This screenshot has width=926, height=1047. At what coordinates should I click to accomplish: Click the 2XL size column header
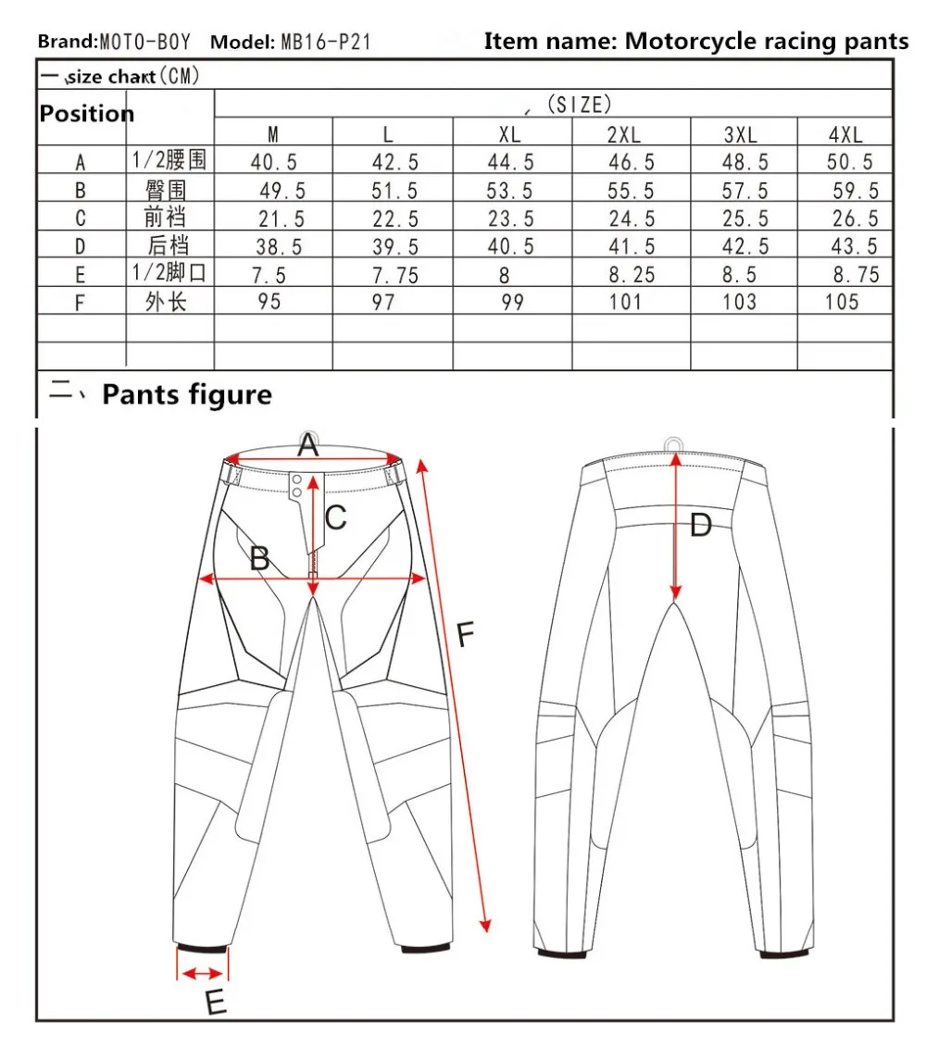(623, 135)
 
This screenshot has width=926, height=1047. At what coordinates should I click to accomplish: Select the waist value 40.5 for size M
(273, 162)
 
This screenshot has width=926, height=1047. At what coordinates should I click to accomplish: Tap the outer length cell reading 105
(842, 302)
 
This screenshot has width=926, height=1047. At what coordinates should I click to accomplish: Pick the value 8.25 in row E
(632, 274)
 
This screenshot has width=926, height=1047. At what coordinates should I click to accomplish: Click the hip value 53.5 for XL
(509, 191)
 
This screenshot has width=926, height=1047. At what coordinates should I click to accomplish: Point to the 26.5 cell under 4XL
(856, 218)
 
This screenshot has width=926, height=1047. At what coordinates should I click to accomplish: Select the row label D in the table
(81, 247)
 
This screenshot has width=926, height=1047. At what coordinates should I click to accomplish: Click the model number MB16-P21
(325, 42)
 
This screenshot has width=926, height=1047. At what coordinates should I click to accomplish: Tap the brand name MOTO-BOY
(145, 42)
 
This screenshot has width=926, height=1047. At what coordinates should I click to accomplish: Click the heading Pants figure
(187, 394)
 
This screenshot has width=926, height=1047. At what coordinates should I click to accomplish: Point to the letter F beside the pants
(466, 634)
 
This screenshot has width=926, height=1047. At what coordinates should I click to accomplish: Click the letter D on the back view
(701, 526)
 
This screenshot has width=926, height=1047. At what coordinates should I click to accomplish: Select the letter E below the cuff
(216, 1003)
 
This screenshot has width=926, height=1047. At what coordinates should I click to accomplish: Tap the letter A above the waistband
(308, 445)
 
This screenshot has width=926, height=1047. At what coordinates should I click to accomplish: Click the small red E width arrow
(203, 974)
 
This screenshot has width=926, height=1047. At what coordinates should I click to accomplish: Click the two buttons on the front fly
(296, 485)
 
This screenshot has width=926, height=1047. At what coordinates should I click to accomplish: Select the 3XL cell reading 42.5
(745, 246)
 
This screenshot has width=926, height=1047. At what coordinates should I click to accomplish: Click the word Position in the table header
(87, 114)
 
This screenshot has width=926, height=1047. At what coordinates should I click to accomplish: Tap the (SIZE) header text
(580, 105)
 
